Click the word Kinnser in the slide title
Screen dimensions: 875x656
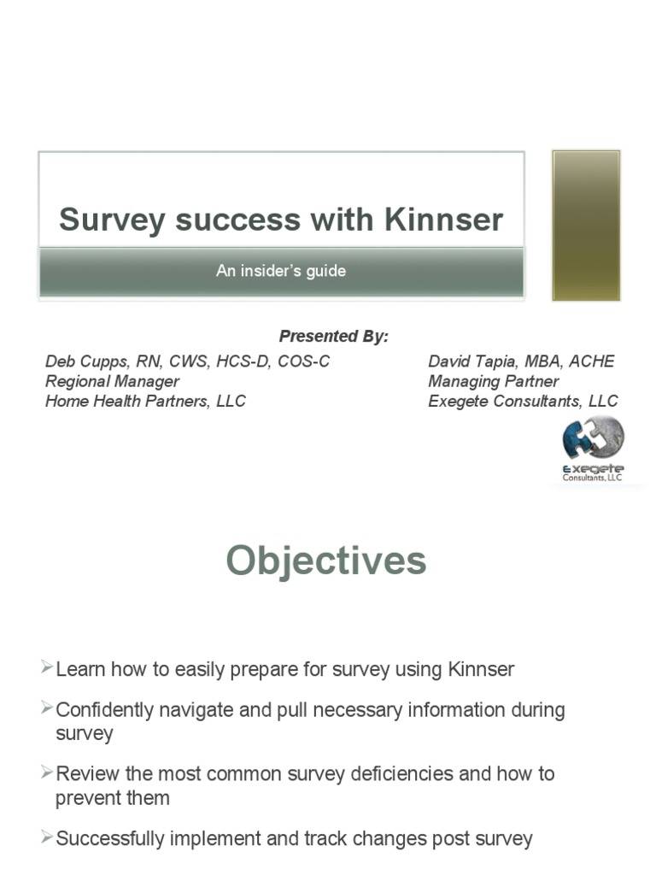pyautogui.click(x=443, y=220)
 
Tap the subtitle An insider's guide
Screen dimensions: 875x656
pyautogui.click(x=280, y=271)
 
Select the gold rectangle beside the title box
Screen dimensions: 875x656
pyautogui.click(x=586, y=226)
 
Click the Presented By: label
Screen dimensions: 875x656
pyautogui.click(x=333, y=337)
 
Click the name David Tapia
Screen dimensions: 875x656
pyautogui.click(x=471, y=361)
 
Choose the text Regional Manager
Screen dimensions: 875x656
pyautogui.click(x=112, y=381)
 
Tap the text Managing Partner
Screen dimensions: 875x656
pyautogui.click(x=493, y=381)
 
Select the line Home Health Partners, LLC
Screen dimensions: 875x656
pyautogui.click(x=145, y=401)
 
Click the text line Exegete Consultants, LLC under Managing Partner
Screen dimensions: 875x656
pyautogui.click(x=523, y=401)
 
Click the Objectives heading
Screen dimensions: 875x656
pyautogui.click(x=325, y=561)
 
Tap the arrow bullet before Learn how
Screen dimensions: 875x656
pyautogui.click(x=47, y=667)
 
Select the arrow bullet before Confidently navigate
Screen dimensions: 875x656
pyautogui.click(x=47, y=708)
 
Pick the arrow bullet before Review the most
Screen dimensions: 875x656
pyautogui.click(x=47, y=772)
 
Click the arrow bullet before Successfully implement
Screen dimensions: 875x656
pyautogui.click(x=47, y=837)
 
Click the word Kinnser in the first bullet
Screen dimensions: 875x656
pyautogui.click(x=481, y=669)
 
